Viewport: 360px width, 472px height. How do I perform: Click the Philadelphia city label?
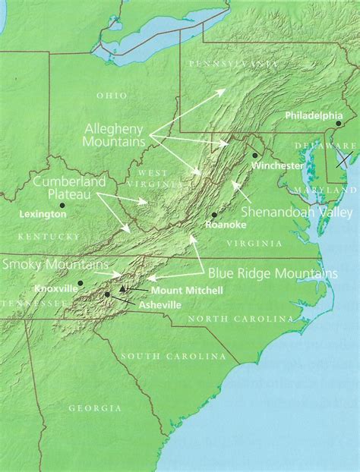coord(314,115)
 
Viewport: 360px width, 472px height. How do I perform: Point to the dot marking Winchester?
coord(254,155)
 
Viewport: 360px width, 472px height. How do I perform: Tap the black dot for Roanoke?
coord(214,215)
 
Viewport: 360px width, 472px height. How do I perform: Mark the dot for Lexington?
coord(62,204)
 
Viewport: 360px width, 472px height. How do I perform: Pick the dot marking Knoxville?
coord(80,282)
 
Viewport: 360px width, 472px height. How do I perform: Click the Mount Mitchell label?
coord(176,290)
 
